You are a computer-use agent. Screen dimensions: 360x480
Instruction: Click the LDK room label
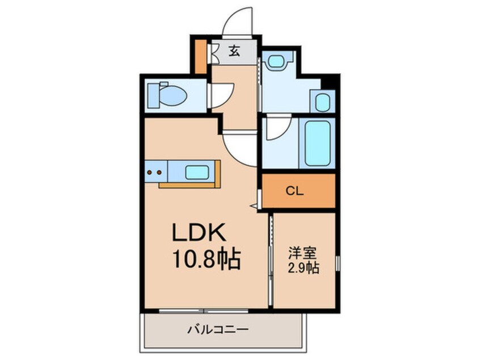(x=199, y=233)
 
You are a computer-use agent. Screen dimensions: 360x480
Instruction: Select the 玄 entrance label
(x=234, y=51)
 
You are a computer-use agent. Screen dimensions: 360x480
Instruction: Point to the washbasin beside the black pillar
(x=322, y=102)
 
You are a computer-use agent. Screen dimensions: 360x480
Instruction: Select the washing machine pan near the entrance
(x=279, y=60)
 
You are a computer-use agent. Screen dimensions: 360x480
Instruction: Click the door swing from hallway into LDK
(x=241, y=148)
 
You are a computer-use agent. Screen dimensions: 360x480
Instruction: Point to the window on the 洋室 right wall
(x=338, y=263)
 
